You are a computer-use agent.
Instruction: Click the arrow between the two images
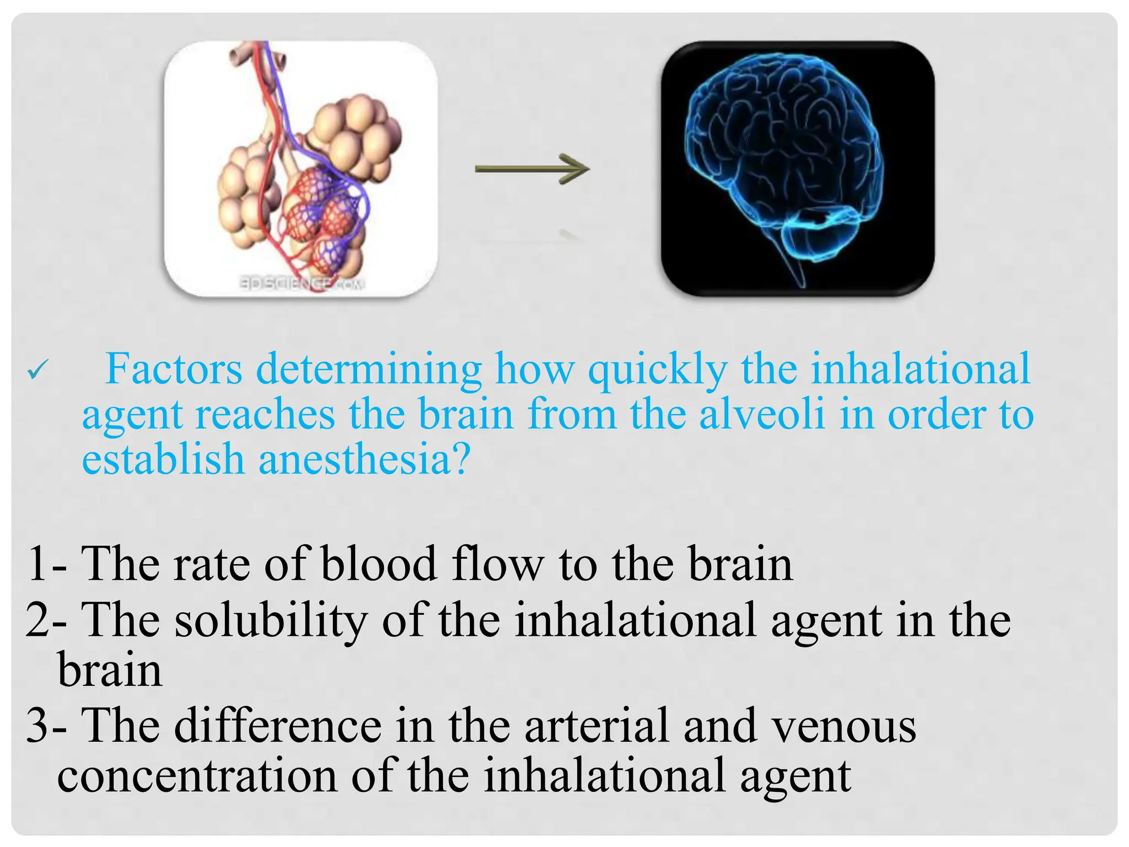[x=532, y=169]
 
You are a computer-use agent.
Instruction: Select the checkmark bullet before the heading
[x=38, y=369]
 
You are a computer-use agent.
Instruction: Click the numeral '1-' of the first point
[x=46, y=564]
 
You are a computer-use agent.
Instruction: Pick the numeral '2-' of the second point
[x=46, y=620]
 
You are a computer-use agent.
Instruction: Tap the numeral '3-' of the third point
[x=46, y=726]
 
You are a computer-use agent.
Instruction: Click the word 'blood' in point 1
[x=379, y=564]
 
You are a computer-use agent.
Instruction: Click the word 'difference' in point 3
[x=278, y=726]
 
